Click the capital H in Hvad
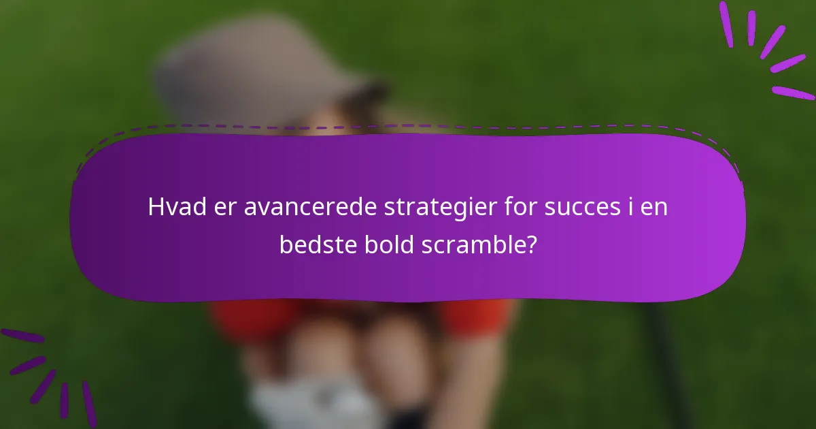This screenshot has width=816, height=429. pos(154,207)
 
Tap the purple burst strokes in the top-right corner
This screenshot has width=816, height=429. pos(768,48)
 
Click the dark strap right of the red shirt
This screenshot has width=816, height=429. pos(663,354)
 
